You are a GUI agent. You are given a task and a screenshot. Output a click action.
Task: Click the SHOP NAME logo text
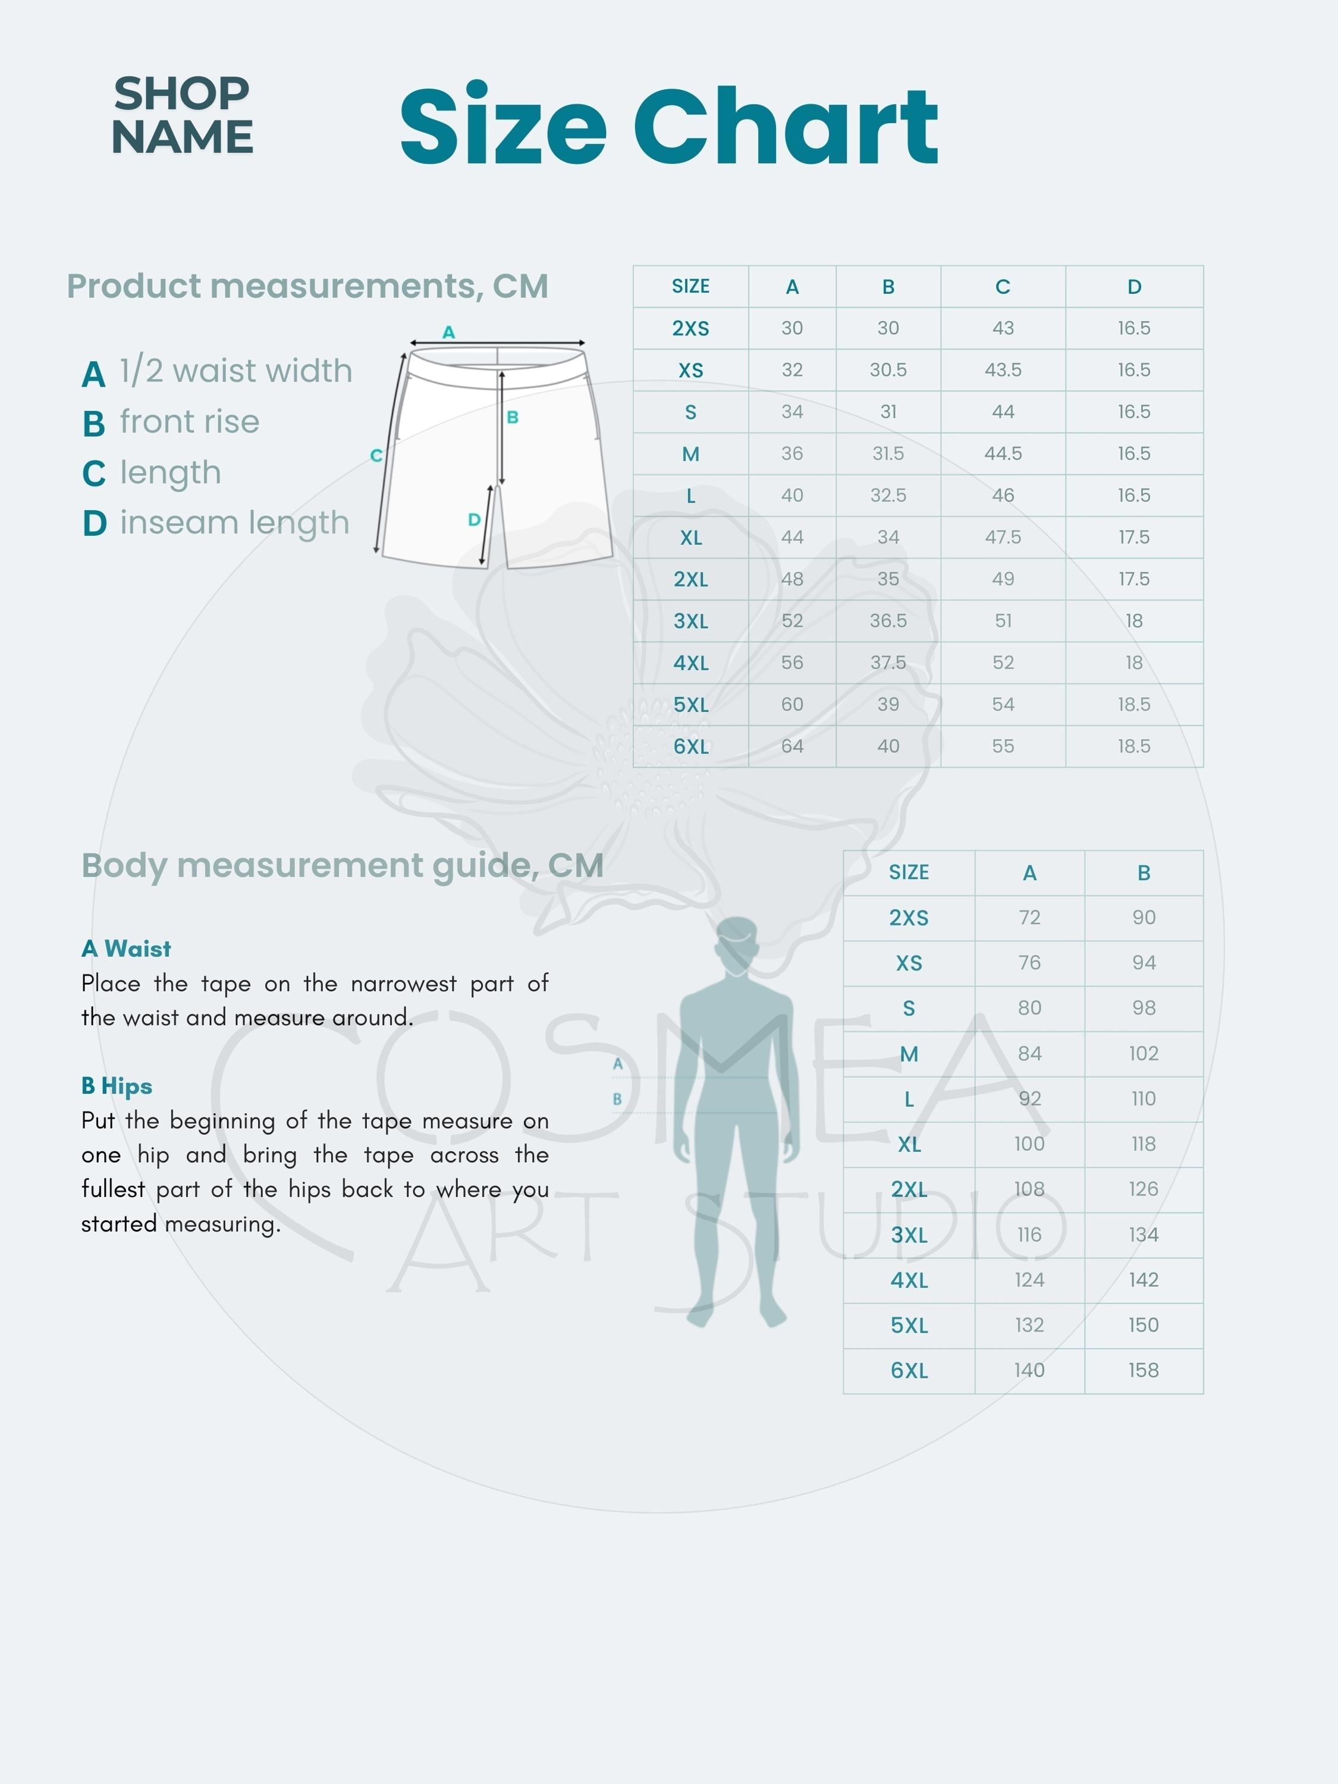[x=183, y=115]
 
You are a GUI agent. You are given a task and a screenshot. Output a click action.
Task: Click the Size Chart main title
[x=668, y=126]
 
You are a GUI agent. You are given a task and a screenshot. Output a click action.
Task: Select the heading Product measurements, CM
[x=307, y=286]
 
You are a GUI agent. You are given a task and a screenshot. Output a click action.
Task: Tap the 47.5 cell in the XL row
[x=1003, y=537]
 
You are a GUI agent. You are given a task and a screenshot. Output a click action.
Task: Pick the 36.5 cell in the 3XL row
[x=888, y=621]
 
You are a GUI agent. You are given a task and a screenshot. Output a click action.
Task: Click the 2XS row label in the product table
[x=690, y=328]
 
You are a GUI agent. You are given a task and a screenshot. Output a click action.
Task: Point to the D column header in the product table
[x=1134, y=286]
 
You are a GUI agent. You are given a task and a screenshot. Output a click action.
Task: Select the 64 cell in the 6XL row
[x=792, y=747]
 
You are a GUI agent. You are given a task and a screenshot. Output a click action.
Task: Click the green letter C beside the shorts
[x=376, y=456]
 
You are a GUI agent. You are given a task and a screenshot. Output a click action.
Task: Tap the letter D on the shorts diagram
[x=474, y=520]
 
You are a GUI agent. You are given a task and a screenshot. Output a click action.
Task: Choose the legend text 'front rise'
[x=190, y=422]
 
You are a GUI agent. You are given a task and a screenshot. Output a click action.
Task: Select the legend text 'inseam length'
[x=235, y=523]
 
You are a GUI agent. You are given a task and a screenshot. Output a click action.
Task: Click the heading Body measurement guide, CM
[x=343, y=865]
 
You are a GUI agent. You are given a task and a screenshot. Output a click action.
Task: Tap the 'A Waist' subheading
[x=126, y=948]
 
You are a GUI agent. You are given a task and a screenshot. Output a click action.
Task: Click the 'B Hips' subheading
[x=117, y=1085]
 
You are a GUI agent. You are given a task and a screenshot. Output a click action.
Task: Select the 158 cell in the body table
[x=1143, y=1370]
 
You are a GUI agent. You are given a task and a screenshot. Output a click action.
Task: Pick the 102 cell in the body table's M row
[x=1143, y=1053]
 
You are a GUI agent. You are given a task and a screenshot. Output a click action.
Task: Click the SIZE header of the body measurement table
[x=909, y=872]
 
